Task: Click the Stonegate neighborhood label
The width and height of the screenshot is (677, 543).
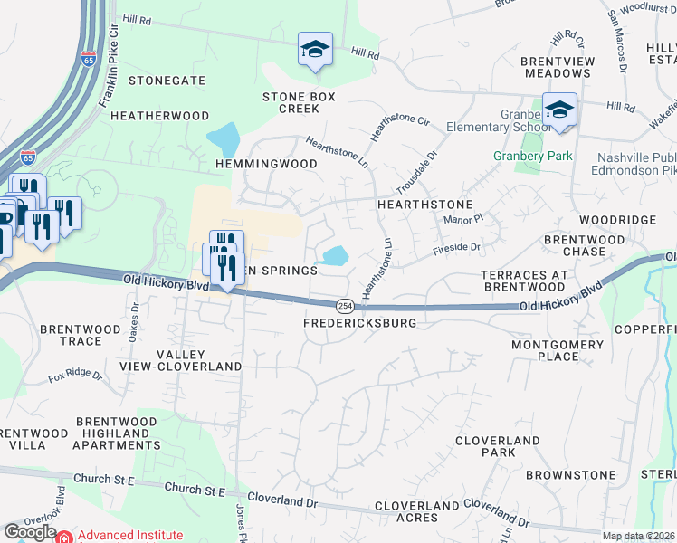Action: pyautogui.click(x=167, y=81)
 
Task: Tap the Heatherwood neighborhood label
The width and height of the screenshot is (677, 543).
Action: pyautogui.click(x=159, y=116)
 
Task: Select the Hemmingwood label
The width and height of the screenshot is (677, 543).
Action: pyautogui.click(x=266, y=164)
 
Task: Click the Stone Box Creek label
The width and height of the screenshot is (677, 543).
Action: pyautogui.click(x=299, y=102)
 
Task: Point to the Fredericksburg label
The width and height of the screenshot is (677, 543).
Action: pyautogui.click(x=360, y=323)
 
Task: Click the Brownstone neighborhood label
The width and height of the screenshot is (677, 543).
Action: pyautogui.click(x=570, y=475)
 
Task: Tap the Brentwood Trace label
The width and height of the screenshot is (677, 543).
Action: pyautogui.click(x=84, y=335)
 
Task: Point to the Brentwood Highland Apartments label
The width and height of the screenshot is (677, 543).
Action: pyautogui.click(x=119, y=433)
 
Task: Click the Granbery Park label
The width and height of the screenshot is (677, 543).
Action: pyautogui.click(x=532, y=156)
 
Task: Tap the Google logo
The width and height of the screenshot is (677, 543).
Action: pyautogui.click(x=30, y=532)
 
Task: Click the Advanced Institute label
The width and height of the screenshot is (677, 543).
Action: pyautogui.click(x=130, y=536)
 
